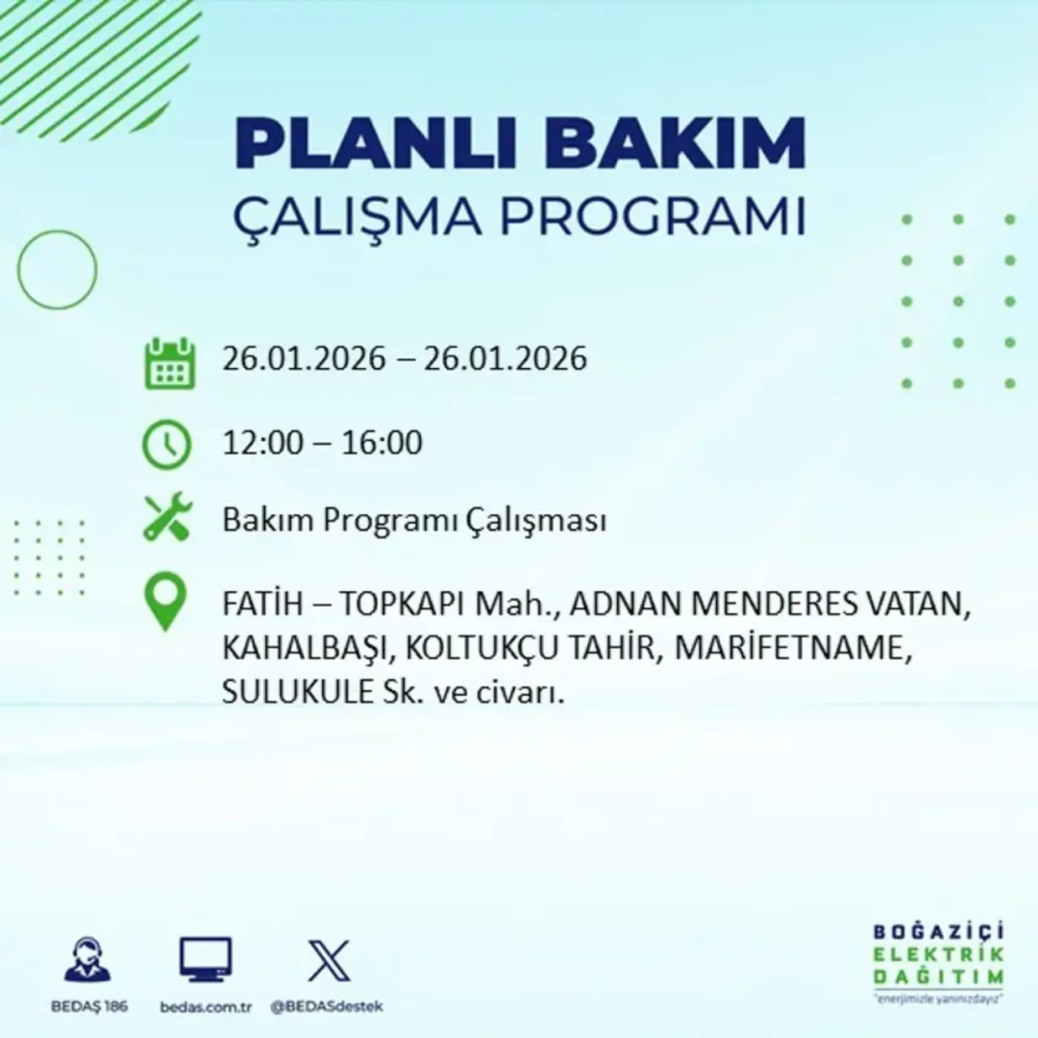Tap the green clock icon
coord(167,445)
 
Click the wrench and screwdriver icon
coord(167,518)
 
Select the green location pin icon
coord(165,601)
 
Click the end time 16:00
coord(381,443)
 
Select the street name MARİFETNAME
coord(787,649)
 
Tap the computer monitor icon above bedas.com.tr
coord(205,959)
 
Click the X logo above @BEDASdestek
coord(328,961)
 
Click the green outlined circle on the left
coord(57,269)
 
